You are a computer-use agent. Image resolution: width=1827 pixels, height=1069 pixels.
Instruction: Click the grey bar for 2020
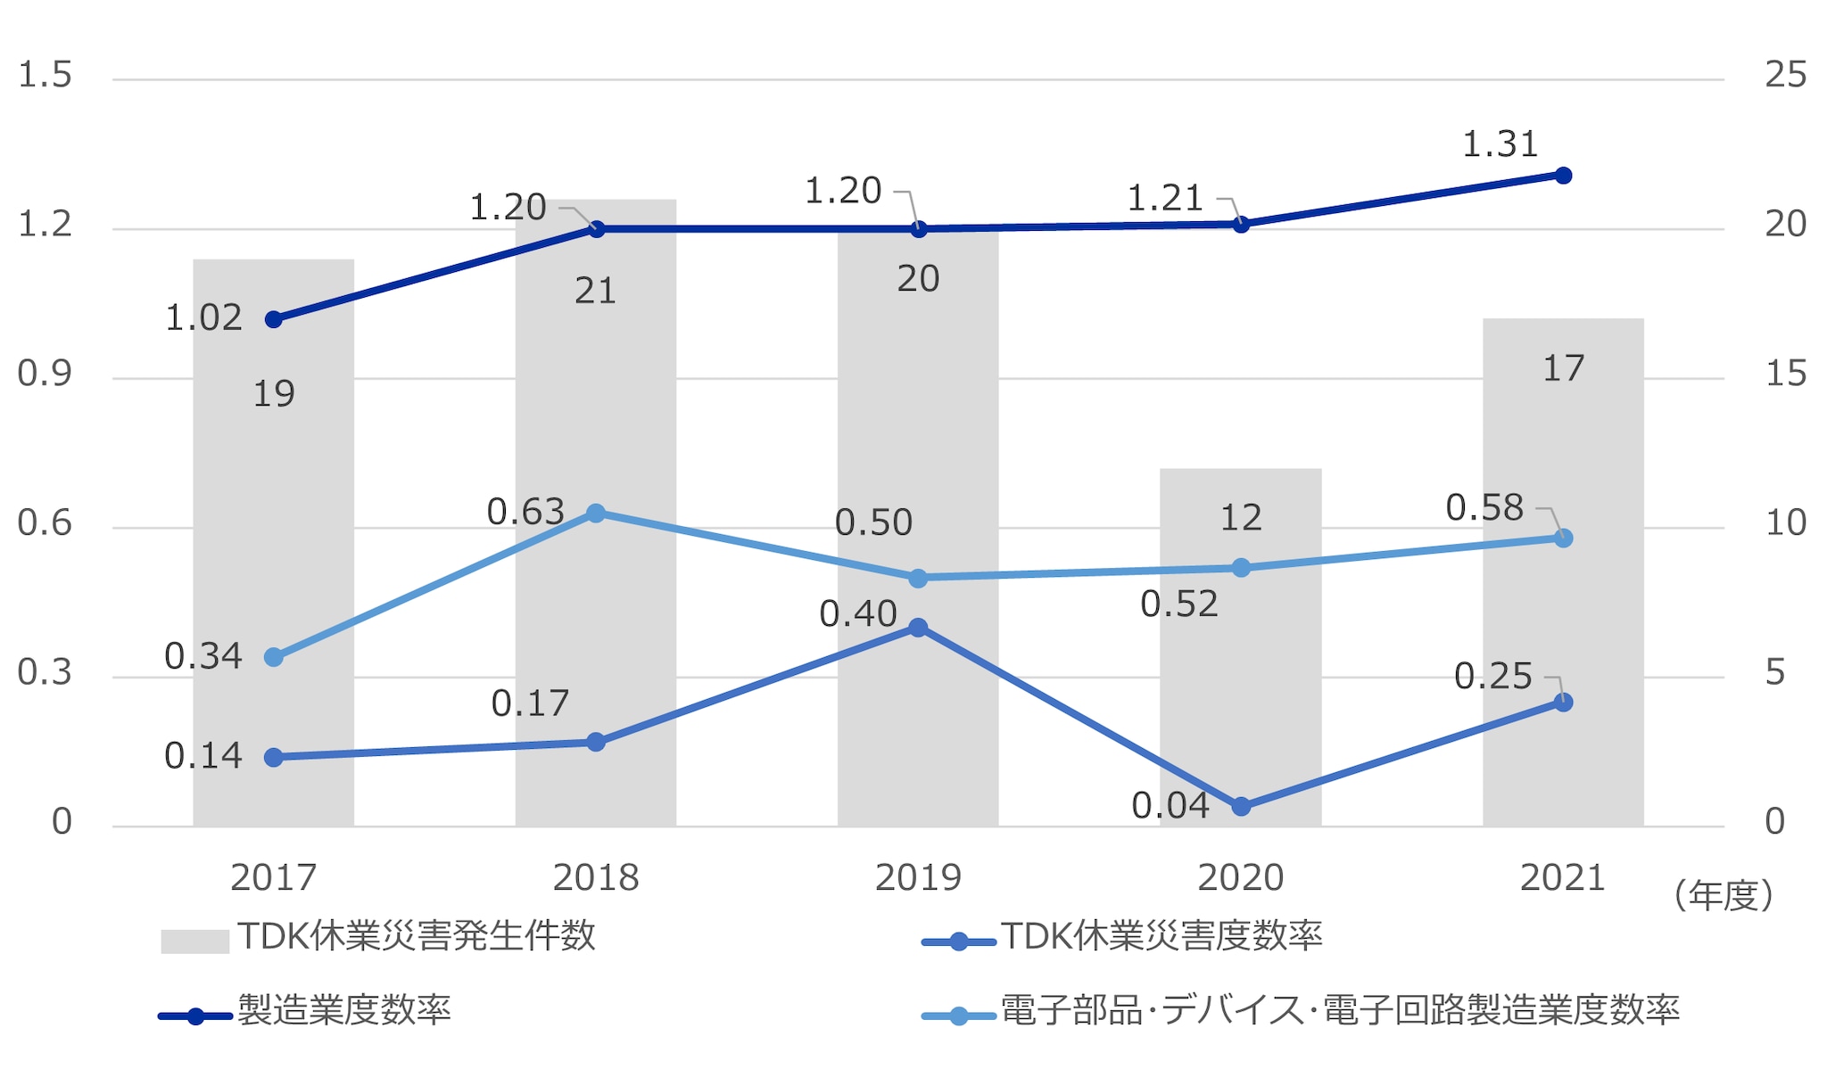tap(1240, 678)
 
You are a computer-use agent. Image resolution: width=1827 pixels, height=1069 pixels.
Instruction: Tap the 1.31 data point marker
tap(1563, 176)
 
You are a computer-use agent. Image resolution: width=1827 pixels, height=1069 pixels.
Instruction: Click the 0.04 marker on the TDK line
tap(1241, 807)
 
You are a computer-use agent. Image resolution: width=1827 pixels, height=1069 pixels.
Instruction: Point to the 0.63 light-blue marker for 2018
tap(596, 514)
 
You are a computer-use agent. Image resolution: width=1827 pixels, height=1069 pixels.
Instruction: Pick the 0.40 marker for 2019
tap(918, 628)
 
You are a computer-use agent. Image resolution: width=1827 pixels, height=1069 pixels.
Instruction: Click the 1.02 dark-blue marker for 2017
tap(274, 319)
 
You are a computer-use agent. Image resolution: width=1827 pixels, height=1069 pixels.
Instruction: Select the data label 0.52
tap(1178, 604)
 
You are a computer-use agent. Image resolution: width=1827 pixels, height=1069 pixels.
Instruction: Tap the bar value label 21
tap(595, 292)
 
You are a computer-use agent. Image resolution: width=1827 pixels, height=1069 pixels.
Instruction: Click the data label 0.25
tap(1492, 677)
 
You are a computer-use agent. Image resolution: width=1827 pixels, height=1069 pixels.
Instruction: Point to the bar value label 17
tap(1563, 368)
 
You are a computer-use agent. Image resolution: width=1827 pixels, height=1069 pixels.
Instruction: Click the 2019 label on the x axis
tap(918, 878)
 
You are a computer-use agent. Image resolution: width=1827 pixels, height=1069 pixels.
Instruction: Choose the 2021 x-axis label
tap(1562, 878)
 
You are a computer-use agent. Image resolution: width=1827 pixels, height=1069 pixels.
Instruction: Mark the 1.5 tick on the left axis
tap(45, 75)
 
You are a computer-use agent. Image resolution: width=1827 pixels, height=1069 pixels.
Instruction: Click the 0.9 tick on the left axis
tap(45, 374)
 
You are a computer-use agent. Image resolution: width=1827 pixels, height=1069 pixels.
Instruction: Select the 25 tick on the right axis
tap(1785, 75)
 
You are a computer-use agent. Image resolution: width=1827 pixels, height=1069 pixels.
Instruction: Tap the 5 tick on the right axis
tap(1775, 673)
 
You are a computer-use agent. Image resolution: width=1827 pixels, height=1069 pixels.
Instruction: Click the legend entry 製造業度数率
tap(343, 1011)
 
